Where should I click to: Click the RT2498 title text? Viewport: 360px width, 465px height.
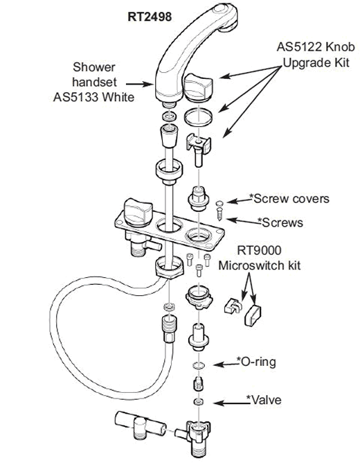click(150, 17)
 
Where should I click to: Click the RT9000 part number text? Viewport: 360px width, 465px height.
click(259, 251)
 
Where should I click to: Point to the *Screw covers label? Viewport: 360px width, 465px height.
click(289, 199)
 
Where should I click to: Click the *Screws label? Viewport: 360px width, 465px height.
click(280, 222)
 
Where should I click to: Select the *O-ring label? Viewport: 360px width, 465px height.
click(256, 362)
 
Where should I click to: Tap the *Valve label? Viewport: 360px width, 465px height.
click(264, 400)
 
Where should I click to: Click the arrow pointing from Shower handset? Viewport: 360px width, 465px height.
click(139, 85)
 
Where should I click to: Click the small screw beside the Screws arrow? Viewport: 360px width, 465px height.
click(219, 214)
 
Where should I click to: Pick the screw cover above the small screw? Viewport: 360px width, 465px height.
click(219, 204)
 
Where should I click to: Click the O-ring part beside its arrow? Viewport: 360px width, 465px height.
click(199, 365)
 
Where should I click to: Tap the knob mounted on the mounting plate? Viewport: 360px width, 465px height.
click(138, 212)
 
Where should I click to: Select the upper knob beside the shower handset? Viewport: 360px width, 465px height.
click(199, 86)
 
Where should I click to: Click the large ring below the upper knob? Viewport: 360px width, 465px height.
click(198, 117)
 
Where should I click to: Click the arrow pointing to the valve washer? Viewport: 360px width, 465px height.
click(231, 403)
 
